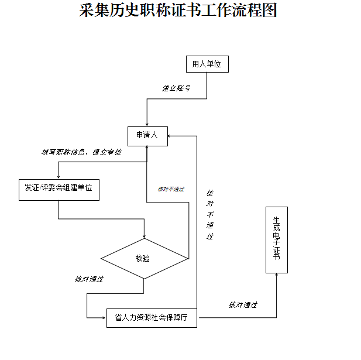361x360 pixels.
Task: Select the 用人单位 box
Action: tap(207, 64)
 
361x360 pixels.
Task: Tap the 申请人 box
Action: tap(147, 136)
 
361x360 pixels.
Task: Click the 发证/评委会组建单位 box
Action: tap(59, 189)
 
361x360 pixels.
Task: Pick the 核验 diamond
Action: tap(144, 258)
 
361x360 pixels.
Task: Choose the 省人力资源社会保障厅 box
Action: tap(152, 318)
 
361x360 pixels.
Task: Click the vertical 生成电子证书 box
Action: tap(277, 239)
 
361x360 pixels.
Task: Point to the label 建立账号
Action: tap(176, 88)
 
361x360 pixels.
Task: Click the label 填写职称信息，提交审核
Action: tap(81, 152)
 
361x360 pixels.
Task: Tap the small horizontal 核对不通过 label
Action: tap(171, 189)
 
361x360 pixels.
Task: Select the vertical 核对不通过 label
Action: tap(210, 215)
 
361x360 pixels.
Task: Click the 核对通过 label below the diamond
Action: tap(89, 279)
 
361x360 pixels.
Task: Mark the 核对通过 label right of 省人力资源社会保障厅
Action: tap(243, 305)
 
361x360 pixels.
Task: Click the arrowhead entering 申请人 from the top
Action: tap(146, 123)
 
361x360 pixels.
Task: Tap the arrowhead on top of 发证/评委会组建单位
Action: tap(59, 176)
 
